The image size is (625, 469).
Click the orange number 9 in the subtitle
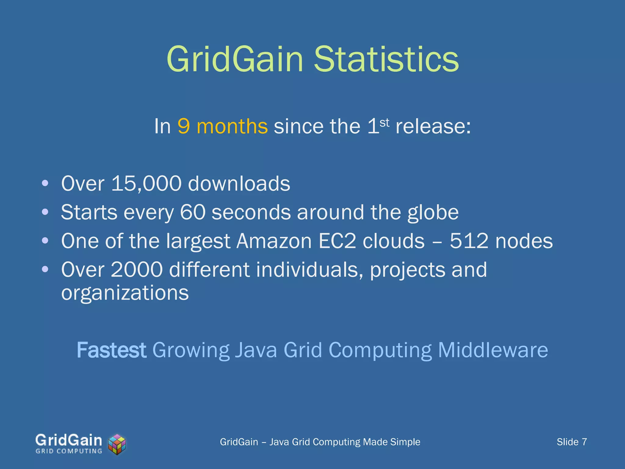tap(184, 126)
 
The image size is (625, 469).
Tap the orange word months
tap(232, 126)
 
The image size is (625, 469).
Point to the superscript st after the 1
tap(385, 122)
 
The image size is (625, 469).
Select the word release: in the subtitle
tap(433, 126)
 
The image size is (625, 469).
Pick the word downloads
tap(239, 184)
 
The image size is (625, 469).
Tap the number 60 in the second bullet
tap(193, 212)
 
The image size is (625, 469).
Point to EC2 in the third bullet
tap(337, 241)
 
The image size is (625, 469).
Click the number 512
tap(469, 241)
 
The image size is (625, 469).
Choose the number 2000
tap(137, 270)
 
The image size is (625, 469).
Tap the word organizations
tap(125, 293)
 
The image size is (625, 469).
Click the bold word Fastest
tap(111, 350)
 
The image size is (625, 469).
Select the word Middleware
tap(493, 350)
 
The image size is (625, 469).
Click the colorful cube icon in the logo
tap(117, 445)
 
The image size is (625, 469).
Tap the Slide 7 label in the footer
tap(572, 442)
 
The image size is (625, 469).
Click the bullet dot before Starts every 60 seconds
tap(45, 212)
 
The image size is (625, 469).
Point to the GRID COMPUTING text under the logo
tap(69, 451)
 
